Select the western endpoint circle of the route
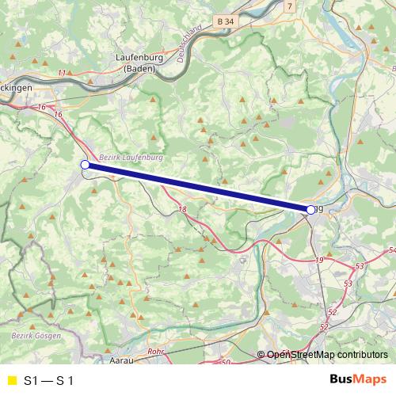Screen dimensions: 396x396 [85, 165]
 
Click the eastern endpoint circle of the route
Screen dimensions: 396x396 [310, 209]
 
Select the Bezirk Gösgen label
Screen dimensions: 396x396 [32, 336]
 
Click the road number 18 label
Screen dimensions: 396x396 [183, 210]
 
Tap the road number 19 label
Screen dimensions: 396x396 [319, 260]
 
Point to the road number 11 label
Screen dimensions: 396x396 [62, 74]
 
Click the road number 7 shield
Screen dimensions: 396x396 [290, 6]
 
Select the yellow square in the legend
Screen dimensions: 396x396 [11, 380]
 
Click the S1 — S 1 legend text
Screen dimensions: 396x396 [49, 380]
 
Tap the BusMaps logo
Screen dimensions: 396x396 [357, 379]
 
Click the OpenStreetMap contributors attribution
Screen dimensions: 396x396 [327, 355]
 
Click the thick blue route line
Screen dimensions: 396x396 [198, 187]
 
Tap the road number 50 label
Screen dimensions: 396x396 [226, 362]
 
